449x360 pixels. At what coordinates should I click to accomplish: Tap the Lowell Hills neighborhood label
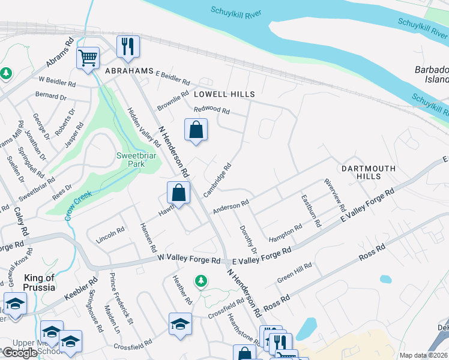coord(224,94)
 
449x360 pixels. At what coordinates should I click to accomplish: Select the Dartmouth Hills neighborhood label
coord(369,172)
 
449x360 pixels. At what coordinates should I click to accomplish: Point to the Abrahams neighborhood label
coord(129,70)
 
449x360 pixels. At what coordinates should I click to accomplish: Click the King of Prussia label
coord(39,282)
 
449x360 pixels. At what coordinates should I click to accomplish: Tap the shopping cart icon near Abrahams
coord(88,58)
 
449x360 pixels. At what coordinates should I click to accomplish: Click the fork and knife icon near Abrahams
coord(127,46)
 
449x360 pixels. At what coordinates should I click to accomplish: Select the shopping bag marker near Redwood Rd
coord(196,130)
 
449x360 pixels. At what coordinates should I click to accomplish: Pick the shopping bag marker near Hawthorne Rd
coord(178,193)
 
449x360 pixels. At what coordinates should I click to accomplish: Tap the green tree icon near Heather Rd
coord(201,280)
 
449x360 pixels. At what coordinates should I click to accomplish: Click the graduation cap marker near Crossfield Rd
coord(180,324)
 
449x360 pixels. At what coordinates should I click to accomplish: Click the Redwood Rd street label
coord(212,110)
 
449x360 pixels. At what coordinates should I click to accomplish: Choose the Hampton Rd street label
coord(286,231)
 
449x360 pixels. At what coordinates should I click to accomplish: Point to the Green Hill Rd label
coord(294,272)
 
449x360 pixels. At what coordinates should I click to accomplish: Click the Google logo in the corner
coord(19,353)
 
